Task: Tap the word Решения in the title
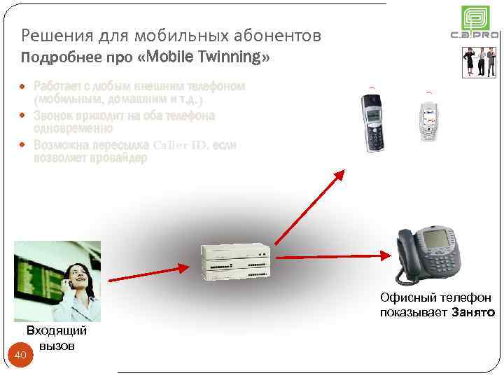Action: tap(51, 34)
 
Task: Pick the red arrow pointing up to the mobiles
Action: tap(312, 206)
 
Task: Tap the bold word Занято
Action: tap(473, 311)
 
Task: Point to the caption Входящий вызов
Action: tap(56, 337)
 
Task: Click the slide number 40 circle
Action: tap(21, 357)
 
